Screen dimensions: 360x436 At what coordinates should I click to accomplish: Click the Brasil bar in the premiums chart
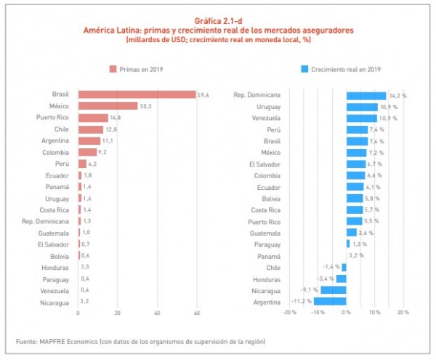(x=137, y=95)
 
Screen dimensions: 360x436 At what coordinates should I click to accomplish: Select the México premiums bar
(x=108, y=106)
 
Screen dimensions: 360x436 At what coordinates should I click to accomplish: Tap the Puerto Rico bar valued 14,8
(x=93, y=118)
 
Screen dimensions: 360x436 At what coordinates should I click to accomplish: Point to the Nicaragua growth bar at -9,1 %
(x=333, y=289)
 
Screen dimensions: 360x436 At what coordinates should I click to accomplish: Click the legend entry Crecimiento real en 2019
(x=341, y=69)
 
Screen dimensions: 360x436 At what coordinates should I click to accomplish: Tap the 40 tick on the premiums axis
(x=157, y=313)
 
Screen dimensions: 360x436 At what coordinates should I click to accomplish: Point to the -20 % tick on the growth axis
(x=289, y=313)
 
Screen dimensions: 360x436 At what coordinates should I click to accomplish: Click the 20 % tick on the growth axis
(x=403, y=313)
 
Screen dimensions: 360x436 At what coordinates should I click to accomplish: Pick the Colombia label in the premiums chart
(x=55, y=152)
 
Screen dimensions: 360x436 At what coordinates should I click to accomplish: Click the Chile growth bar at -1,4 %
(x=344, y=267)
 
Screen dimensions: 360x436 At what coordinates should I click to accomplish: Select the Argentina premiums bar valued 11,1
(x=89, y=141)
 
